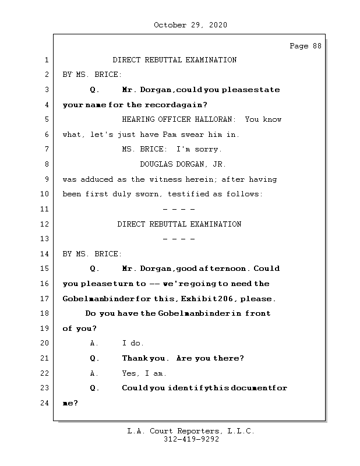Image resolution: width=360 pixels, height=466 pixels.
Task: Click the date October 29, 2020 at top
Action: tap(190, 25)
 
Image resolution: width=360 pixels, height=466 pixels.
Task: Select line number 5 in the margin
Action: tap(47, 119)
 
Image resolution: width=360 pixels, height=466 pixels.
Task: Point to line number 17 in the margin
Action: tap(44, 299)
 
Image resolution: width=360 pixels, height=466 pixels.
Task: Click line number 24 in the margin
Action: tap(44, 403)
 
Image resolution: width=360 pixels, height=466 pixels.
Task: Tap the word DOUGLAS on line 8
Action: tap(156, 164)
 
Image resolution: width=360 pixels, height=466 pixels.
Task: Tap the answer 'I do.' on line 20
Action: tap(133, 343)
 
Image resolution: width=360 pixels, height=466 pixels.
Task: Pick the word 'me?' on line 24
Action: tap(70, 403)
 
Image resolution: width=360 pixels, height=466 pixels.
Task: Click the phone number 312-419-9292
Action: tap(190, 440)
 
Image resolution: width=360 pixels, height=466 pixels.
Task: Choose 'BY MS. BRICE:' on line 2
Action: tap(92, 75)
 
